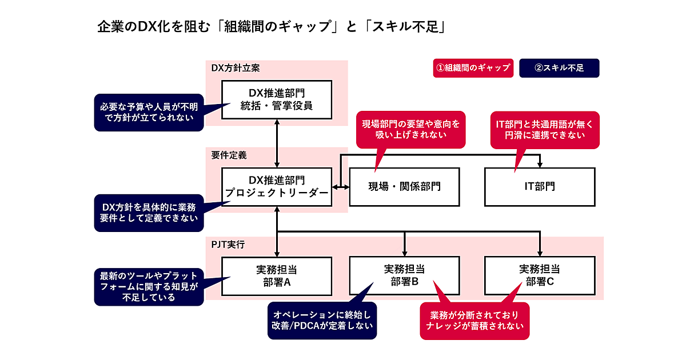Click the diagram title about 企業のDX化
pos(271,27)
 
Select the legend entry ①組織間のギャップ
pos(473,68)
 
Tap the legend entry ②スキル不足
pos(559,68)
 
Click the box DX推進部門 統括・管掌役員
pos(277,99)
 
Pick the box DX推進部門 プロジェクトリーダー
pos(277,187)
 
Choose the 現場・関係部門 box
pos(404,187)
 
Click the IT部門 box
pos(539,187)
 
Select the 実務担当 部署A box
pos(277,276)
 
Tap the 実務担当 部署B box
pos(404,276)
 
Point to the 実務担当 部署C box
pos(539,276)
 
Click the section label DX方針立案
pos(236,68)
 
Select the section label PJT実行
pos(228,245)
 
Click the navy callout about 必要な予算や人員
pos(149,111)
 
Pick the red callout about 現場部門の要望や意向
pos(410,130)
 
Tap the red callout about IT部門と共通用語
pos(545,130)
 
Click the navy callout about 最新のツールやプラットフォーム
pos(149,286)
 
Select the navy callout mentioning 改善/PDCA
pos(322,321)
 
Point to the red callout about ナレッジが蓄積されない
pos(474,321)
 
